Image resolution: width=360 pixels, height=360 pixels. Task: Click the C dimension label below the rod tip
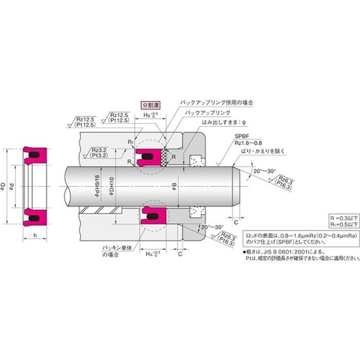pyautogui.click(x=235, y=223)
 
